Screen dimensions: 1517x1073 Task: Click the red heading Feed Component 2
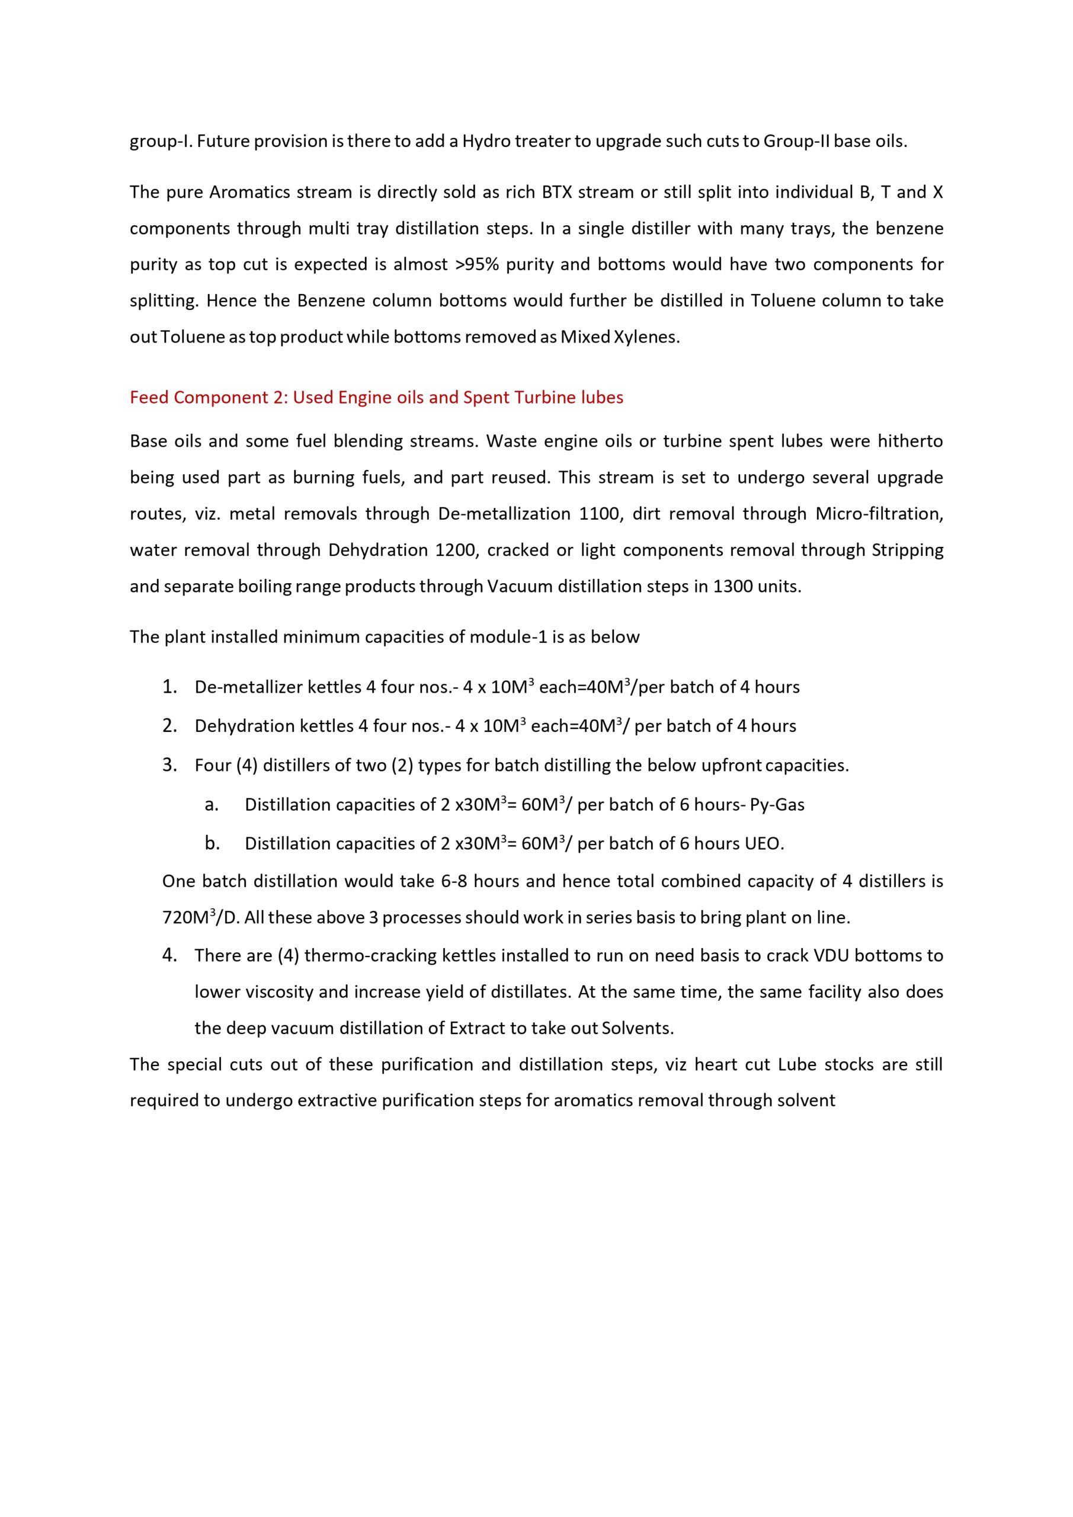coord(376,397)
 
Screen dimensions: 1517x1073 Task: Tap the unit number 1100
coord(601,513)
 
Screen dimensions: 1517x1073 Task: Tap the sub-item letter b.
coord(212,843)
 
